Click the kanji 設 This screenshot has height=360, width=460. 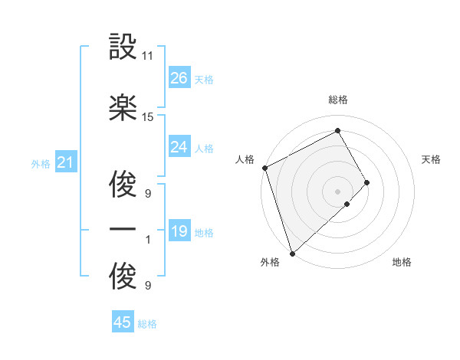coord(123,48)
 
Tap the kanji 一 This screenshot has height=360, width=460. coord(123,230)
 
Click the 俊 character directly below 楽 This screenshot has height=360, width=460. coord(123,184)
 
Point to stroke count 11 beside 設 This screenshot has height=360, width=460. coord(148,56)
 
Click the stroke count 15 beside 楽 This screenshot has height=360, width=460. coord(148,116)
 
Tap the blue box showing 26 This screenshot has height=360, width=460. coord(179,77)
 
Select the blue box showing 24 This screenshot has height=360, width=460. coord(179,147)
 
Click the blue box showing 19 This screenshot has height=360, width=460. coord(179,231)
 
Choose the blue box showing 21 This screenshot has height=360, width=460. coord(65,162)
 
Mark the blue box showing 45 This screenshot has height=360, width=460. coord(123,322)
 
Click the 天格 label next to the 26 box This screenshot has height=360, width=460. coord(204,79)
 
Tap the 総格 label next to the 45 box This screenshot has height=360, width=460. coord(147,324)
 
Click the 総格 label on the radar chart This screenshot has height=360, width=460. coord(338,100)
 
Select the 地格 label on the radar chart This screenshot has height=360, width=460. coord(402,262)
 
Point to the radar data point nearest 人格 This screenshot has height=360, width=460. coord(264,168)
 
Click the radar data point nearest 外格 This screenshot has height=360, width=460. coord(291,253)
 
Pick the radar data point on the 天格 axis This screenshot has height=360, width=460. coord(367,182)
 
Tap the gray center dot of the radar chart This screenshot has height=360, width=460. coord(337,191)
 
